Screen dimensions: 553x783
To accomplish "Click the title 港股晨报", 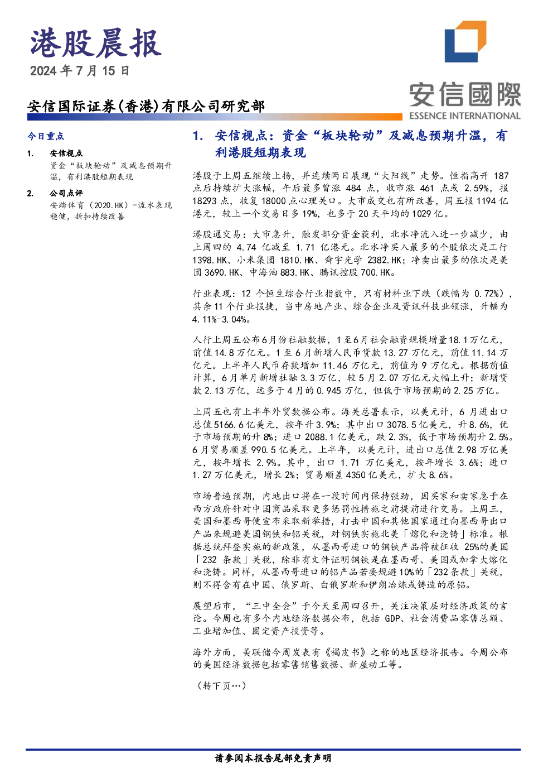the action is [x=96, y=44].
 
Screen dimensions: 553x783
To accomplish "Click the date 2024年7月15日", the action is [x=80, y=71].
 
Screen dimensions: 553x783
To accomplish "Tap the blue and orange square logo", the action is [x=465, y=41].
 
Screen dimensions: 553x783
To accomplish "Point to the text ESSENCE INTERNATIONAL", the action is [x=465, y=116].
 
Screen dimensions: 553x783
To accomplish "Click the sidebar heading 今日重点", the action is [x=46, y=136].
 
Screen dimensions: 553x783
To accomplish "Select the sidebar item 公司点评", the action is [x=66, y=193].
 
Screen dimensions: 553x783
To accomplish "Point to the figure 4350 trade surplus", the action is [x=356, y=475].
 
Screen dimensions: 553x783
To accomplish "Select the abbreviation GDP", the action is [x=392, y=618].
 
